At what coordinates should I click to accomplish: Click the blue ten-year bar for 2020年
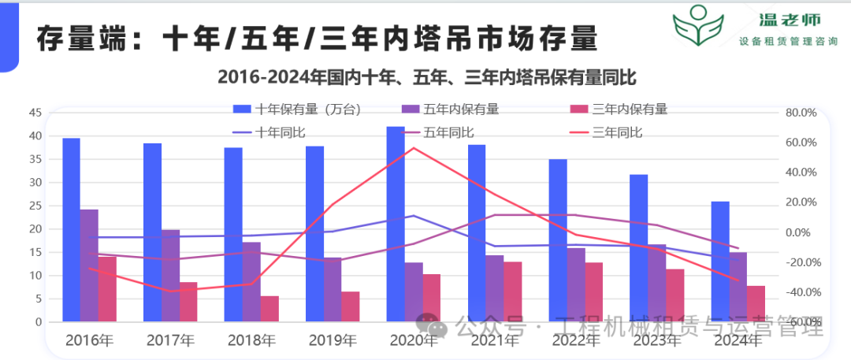point(396,225)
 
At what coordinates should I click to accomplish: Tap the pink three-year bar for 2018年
point(269,309)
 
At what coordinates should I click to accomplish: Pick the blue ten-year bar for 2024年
point(719,262)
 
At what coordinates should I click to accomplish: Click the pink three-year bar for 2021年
point(512,291)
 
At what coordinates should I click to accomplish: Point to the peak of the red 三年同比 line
point(414,147)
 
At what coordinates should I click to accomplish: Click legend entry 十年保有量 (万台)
point(296,109)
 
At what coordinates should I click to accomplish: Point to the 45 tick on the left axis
point(35,113)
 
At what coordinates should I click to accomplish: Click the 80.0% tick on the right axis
point(801,113)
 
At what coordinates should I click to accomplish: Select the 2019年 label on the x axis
point(331,341)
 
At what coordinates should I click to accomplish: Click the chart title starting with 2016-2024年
point(426,77)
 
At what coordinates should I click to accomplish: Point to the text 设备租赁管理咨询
point(788,42)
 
